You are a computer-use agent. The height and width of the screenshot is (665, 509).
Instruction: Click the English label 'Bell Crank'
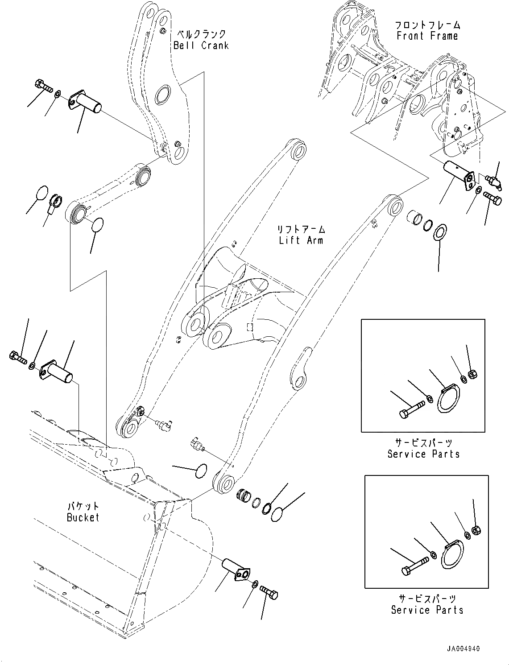201,45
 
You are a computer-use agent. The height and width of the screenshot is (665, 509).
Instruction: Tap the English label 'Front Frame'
427,36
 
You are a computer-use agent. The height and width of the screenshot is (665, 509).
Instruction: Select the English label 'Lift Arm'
301,240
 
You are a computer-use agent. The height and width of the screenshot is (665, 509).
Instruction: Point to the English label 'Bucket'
83,517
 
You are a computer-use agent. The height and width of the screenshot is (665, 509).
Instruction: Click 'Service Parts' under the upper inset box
423,454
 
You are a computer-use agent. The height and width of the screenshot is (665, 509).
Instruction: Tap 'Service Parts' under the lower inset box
427,610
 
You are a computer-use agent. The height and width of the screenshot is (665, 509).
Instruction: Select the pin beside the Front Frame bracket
456,174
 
